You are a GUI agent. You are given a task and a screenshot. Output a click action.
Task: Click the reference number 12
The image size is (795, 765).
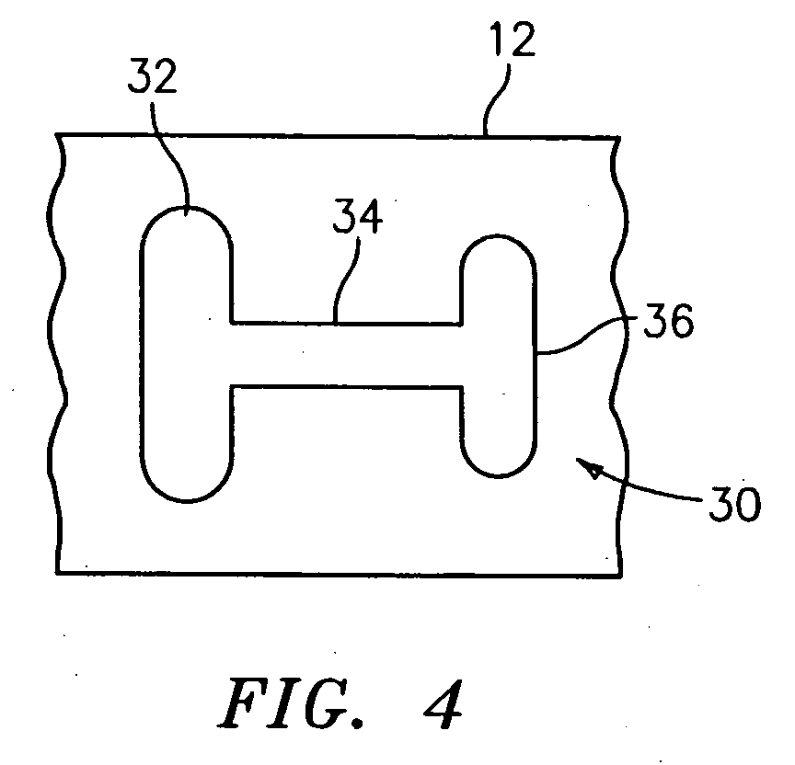(x=513, y=40)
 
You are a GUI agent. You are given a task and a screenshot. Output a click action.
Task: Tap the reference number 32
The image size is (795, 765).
(x=152, y=75)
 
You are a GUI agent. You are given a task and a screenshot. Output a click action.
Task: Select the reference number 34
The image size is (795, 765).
(x=357, y=216)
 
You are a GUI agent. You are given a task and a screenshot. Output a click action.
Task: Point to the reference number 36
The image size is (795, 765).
(x=668, y=320)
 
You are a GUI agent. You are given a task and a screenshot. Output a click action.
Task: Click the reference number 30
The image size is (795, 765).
(x=734, y=504)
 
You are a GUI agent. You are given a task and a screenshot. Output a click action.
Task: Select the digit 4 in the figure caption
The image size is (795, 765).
(x=443, y=704)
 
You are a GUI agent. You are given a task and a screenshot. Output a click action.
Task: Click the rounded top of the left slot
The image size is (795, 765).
(x=187, y=207)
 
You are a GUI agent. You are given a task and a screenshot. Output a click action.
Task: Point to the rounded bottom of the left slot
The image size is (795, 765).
(x=187, y=501)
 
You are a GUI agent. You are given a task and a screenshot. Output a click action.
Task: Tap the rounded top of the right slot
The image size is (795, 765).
(x=498, y=235)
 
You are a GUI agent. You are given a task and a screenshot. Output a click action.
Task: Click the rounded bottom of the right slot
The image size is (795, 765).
(x=498, y=475)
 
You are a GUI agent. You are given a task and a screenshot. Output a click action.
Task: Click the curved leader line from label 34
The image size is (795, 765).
(x=346, y=280)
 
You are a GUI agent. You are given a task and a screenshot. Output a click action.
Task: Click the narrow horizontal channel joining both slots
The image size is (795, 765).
(x=347, y=355)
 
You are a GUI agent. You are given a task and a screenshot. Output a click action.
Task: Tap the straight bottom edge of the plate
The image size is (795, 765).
(x=339, y=575)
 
